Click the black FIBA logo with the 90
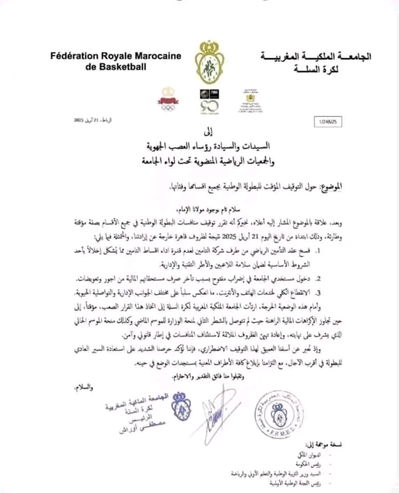(207, 100)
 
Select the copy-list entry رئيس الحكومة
(329, 465)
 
